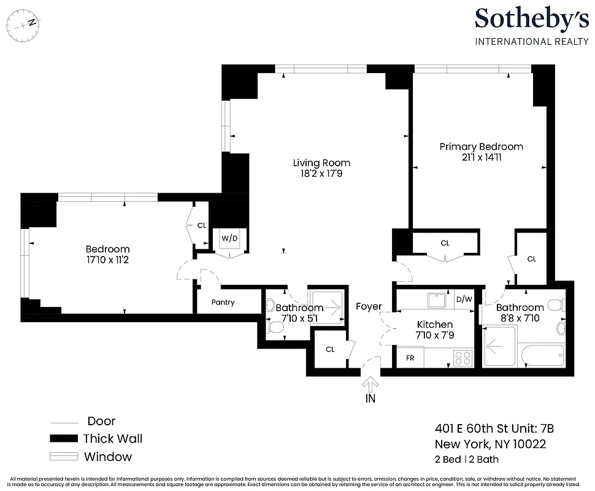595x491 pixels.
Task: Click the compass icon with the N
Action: (x=23, y=25)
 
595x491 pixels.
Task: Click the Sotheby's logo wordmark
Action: (x=531, y=19)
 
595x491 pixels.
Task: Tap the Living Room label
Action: (x=321, y=163)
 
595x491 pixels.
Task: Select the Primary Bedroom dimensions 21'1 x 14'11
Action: (x=481, y=157)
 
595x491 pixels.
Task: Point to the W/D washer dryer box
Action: (x=230, y=238)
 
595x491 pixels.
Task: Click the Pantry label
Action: (x=223, y=303)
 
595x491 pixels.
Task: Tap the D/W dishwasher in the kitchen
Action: (x=464, y=300)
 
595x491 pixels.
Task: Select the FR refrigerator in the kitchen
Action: (x=410, y=357)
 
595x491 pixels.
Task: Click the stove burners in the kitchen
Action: (x=462, y=357)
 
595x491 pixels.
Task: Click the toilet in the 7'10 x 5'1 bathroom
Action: (x=275, y=329)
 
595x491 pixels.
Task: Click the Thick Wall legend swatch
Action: (x=64, y=438)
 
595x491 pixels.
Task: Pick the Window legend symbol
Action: (x=64, y=457)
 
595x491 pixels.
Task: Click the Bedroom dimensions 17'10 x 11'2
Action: (x=107, y=260)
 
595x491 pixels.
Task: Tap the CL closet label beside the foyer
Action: (x=330, y=349)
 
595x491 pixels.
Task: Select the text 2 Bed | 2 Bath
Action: (x=467, y=459)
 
